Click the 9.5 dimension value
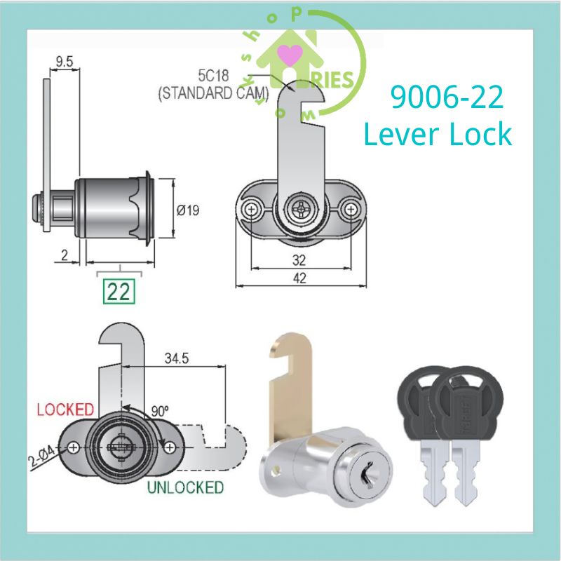coord(64,61)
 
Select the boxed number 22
coord(119,291)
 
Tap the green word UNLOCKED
coord(186,487)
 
